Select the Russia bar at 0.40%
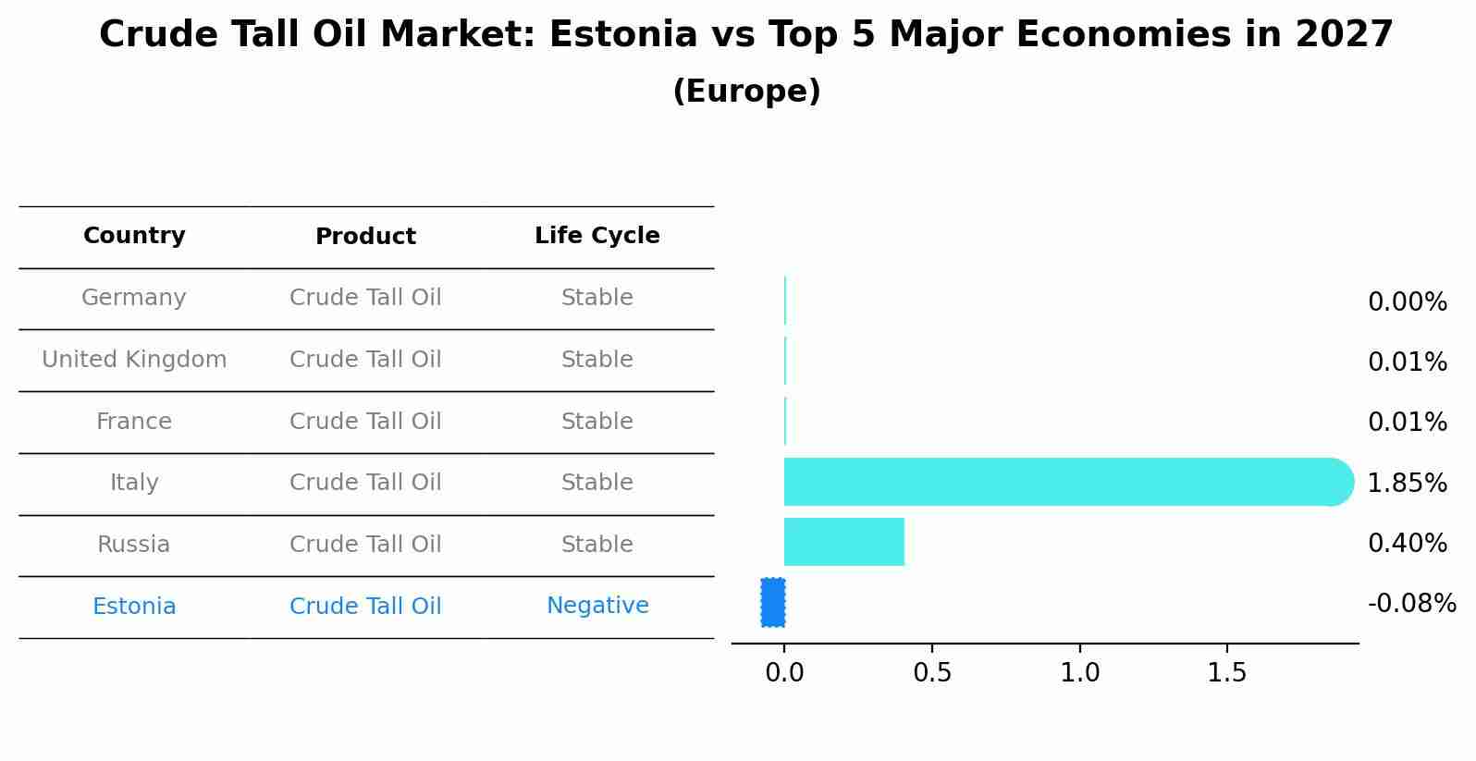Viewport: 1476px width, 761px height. coord(843,542)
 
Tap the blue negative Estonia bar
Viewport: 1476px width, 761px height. coord(773,603)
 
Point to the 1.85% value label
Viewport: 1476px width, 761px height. coord(1407,483)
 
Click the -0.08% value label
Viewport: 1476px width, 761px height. coord(1411,604)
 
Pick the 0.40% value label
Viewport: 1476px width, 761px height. coord(1407,543)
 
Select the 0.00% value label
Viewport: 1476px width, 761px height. coord(1407,302)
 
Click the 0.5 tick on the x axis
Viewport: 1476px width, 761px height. coord(932,673)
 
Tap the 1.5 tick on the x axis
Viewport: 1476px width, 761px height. coord(1227,673)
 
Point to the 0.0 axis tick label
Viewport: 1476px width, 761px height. coord(784,673)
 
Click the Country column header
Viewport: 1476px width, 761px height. coord(134,236)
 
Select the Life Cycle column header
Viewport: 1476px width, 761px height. coord(597,236)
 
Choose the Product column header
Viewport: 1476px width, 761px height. coord(365,237)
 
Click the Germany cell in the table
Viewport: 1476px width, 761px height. coord(134,298)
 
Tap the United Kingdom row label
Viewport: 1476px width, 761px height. coord(134,360)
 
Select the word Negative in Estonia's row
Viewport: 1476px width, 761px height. coord(597,606)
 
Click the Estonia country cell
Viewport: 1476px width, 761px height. coord(134,607)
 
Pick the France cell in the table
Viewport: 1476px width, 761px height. coord(134,422)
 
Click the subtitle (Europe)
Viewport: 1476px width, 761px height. coord(746,92)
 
